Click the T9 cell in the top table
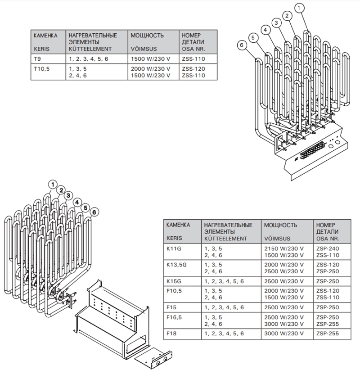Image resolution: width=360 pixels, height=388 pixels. [x=37, y=59]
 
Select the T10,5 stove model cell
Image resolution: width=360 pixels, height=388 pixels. [x=41, y=69]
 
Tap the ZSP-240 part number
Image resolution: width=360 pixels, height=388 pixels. [x=328, y=248]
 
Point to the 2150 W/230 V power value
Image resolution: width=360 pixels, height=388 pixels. [x=284, y=248]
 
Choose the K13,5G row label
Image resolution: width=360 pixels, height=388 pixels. [x=176, y=265]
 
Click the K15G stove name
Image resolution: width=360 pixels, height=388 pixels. [x=174, y=281]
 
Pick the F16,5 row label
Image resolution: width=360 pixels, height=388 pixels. [x=174, y=317]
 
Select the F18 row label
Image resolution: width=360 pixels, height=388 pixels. [x=171, y=334]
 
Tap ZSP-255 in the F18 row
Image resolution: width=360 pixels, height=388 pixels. [x=328, y=334]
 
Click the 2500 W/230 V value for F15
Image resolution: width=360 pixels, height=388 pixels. [x=284, y=307]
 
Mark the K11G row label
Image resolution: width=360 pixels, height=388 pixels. [x=174, y=248]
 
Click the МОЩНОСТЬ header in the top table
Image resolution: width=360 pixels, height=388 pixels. [x=147, y=36]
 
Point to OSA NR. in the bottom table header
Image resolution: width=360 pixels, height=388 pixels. [x=328, y=239]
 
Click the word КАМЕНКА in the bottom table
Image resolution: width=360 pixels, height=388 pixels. [x=178, y=225]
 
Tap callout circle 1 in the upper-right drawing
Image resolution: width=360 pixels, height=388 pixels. [x=299, y=8]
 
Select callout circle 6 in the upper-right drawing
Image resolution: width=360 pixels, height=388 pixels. [x=242, y=45]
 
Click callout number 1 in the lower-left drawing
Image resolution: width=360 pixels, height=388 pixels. [x=53, y=185]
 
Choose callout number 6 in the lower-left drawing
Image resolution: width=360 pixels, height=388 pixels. [x=94, y=212]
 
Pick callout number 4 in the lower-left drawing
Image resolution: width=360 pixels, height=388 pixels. [x=77, y=203]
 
